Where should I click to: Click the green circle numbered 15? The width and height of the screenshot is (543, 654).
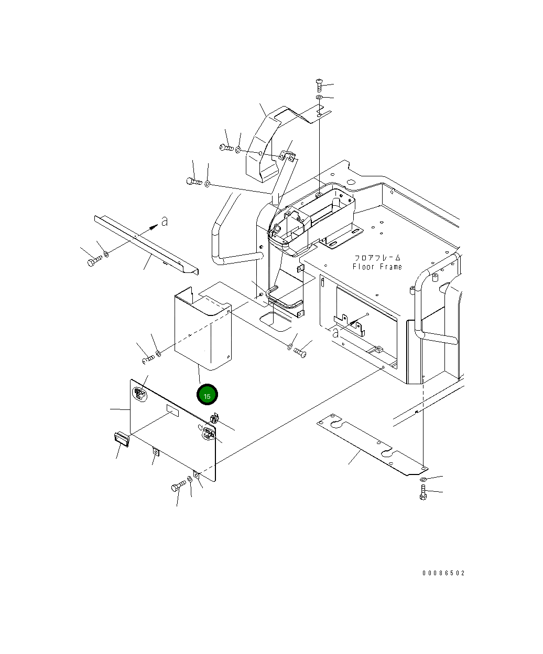pos(207,395)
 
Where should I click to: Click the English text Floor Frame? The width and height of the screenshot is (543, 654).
pos(377,267)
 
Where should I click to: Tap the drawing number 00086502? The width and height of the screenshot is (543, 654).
pos(443,573)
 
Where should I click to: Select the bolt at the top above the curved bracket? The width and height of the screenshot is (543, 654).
pos(319,85)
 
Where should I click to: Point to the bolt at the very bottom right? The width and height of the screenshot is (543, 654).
pos(423,492)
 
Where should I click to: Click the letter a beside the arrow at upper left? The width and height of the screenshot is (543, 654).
pos(165,221)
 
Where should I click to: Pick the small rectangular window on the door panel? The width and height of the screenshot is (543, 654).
pos(172,410)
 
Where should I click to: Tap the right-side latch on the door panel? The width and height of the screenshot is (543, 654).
pos(208,434)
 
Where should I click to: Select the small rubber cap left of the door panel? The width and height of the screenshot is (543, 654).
pos(121,438)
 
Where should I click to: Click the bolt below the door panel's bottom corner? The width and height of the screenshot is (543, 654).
pos(178,487)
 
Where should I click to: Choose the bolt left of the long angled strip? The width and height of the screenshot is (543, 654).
pos(94,260)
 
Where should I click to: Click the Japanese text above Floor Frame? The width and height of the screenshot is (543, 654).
pos(377,258)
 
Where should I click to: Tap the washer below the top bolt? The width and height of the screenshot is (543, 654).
pos(319,98)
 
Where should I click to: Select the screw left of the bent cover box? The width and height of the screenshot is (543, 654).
pos(148,359)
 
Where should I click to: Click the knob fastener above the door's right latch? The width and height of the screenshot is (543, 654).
pos(214,419)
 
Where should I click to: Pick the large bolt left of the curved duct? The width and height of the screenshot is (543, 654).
pos(193,181)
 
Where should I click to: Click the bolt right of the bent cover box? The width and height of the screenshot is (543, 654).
pos(301,352)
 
